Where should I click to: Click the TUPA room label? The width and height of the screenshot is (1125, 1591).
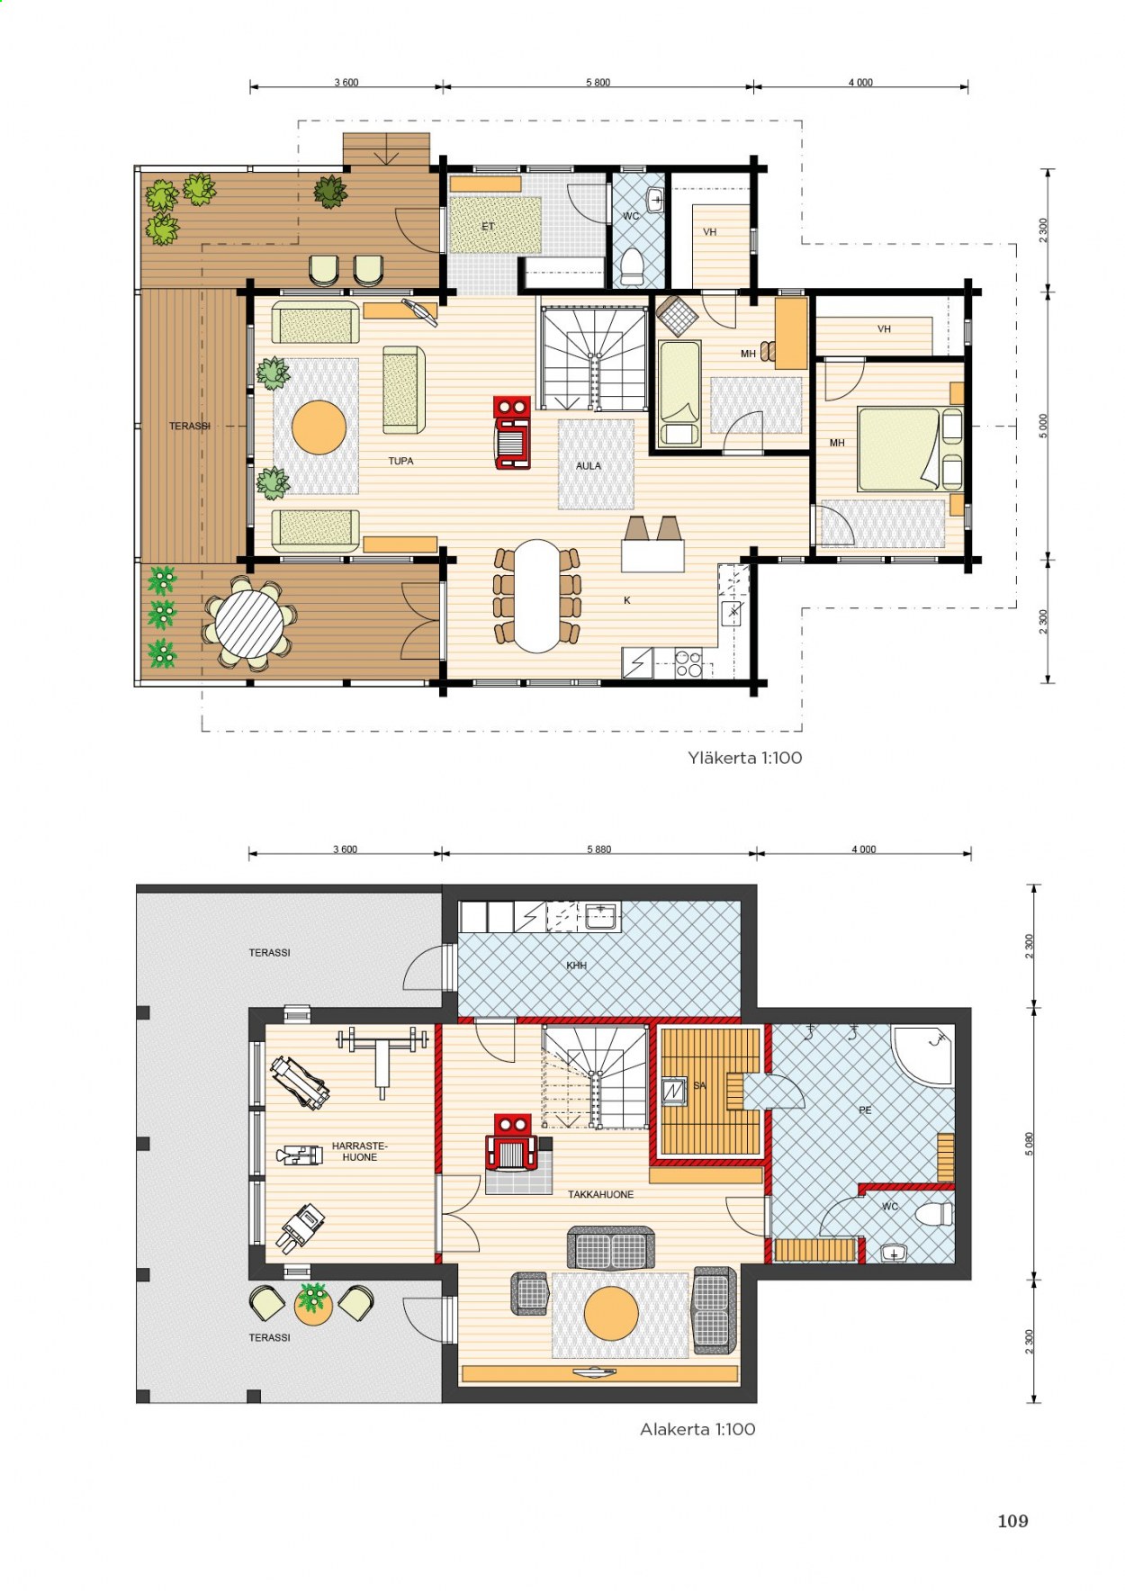point(400,461)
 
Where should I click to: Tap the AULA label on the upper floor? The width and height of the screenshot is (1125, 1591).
point(589,466)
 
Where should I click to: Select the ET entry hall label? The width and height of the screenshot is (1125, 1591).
point(488,227)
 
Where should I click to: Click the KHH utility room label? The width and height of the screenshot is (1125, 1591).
point(576,966)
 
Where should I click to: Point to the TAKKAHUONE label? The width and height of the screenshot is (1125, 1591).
point(600,1194)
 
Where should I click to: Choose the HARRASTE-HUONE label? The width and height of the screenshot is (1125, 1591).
point(359,1152)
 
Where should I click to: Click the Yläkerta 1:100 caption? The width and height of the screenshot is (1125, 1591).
point(744,758)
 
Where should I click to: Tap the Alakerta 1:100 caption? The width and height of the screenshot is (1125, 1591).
point(697,1429)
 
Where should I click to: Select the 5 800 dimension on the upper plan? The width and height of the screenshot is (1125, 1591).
point(598,83)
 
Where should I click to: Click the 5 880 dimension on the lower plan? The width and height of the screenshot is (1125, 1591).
point(598,849)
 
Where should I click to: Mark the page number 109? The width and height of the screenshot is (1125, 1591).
point(1012,1521)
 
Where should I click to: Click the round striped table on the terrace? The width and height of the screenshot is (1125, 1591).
point(249,623)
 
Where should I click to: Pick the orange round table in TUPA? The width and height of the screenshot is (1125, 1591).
point(319,427)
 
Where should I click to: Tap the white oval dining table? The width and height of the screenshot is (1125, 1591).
point(536,595)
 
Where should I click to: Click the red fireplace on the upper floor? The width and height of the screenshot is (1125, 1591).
point(512,433)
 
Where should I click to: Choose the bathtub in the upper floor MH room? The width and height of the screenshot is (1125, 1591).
point(679,393)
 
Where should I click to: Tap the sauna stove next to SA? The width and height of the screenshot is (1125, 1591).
point(674,1091)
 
